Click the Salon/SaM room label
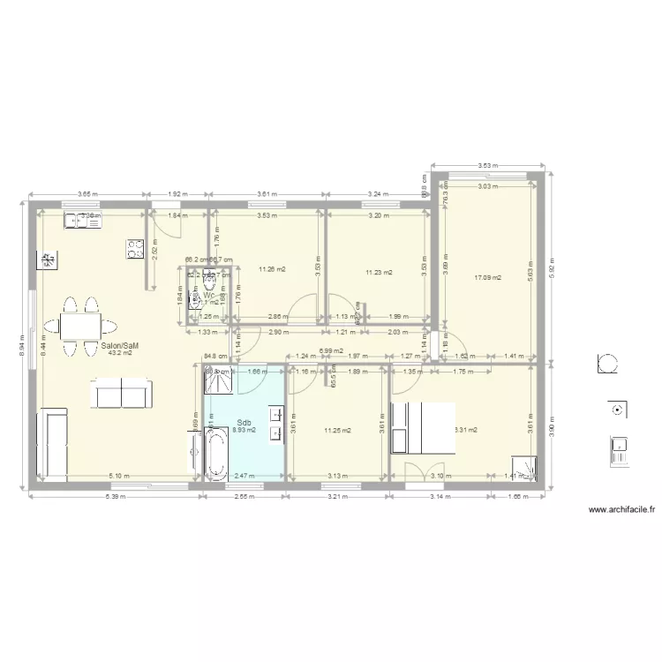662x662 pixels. (x=119, y=346)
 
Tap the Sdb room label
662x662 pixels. (x=244, y=423)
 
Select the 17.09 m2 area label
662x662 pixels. (x=487, y=278)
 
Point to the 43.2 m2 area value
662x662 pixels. (x=119, y=353)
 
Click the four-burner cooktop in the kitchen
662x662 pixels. (x=136, y=249)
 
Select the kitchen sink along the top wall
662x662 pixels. (x=80, y=221)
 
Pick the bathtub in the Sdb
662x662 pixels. (x=216, y=454)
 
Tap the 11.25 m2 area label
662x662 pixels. (x=337, y=431)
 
